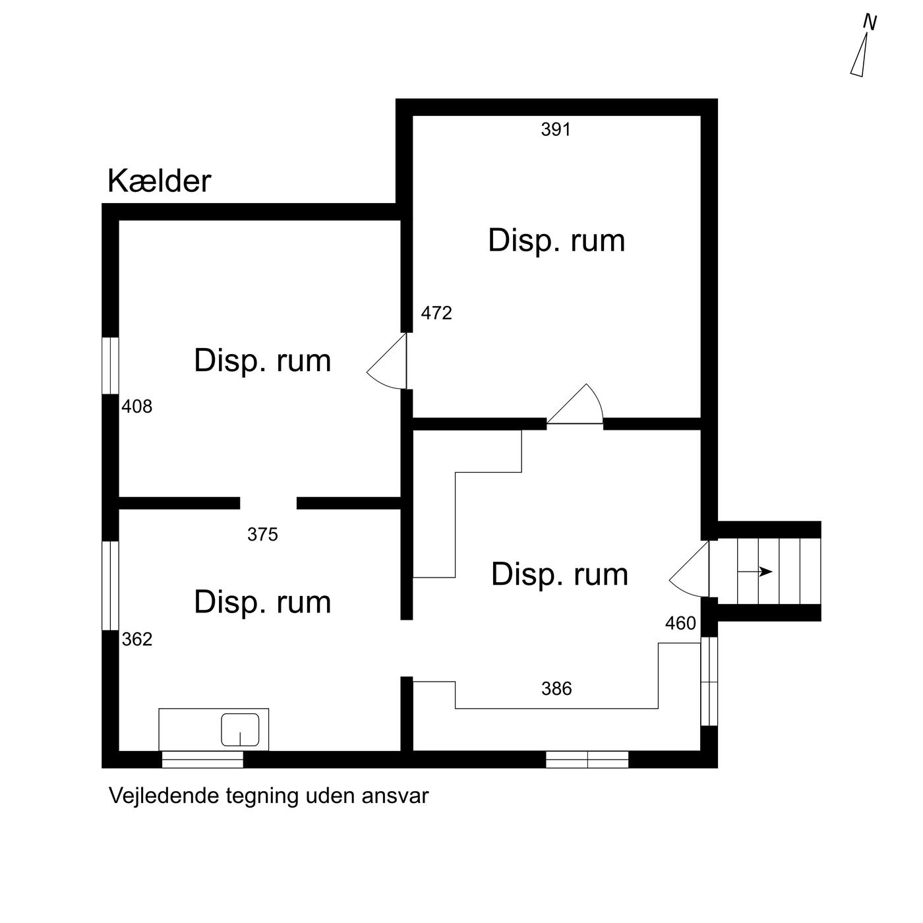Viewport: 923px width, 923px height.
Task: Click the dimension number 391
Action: pyautogui.click(x=556, y=129)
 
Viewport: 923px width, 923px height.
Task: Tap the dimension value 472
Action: pyautogui.click(x=436, y=313)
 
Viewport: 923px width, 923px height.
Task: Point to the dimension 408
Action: pyautogui.click(x=136, y=407)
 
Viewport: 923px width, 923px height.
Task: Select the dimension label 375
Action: pyautogui.click(x=262, y=534)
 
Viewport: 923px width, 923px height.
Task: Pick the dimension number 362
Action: pyautogui.click(x=137, y=640)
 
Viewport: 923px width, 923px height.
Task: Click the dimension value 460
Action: pyautogui.click(x=680, y=623)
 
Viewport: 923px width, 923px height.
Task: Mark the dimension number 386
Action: pyautogui.click(x=556, y=689)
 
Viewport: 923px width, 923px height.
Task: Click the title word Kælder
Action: pyautogui.click(x=159, y=181)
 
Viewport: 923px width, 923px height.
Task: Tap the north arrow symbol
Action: pyautogui.click(x=860, y=54)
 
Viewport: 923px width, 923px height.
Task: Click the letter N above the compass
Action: pyautogui.click(x=870, y=22)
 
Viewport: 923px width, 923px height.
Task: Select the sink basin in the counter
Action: pyautogui.click(x=240, y=729)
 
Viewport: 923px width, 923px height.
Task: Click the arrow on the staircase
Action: pyautogui.click(x=755, y=572)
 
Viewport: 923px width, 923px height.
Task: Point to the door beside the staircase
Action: pyautogui.click(x=690, y=569)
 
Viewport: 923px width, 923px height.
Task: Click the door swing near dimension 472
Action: pyautogui.click(x=387, y=361)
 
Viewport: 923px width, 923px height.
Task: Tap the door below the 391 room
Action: pyautogui.click(x=575, y=404)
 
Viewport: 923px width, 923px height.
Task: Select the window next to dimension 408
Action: pyautogui.click(x=111, y=365)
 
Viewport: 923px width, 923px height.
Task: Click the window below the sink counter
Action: pyautogui.click(x=202, y=759)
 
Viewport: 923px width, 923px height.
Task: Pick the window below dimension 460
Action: pyautogui.click(x=709, y=681)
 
